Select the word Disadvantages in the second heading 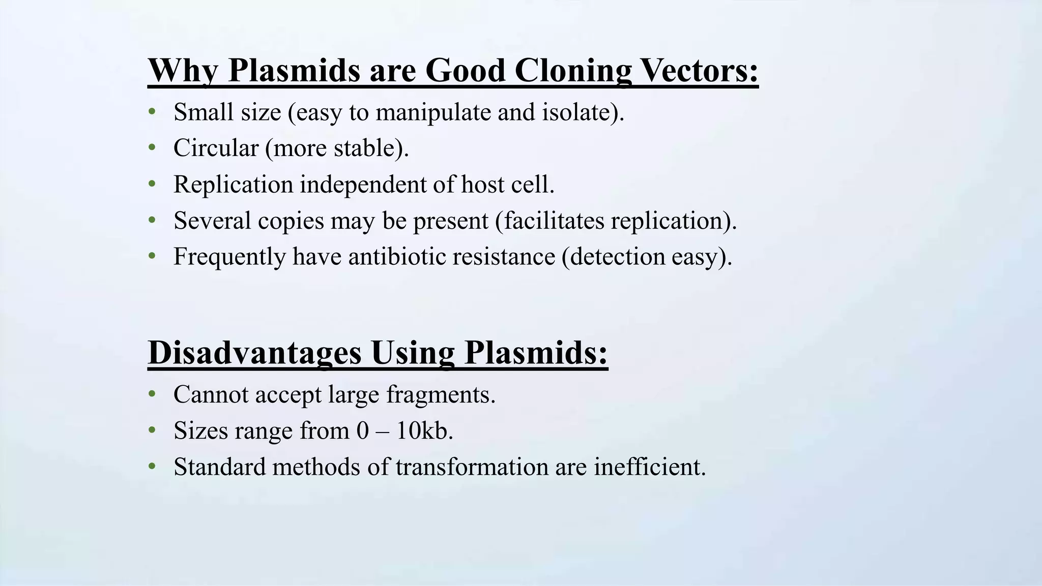click(255, 352)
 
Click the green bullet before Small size click(152, 112)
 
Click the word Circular click(216, 148)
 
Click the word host click(483, 184)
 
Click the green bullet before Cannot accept click(152, 394)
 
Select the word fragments click(441, 395)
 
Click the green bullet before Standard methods click(152, 467)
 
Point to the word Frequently click(229, 257)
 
